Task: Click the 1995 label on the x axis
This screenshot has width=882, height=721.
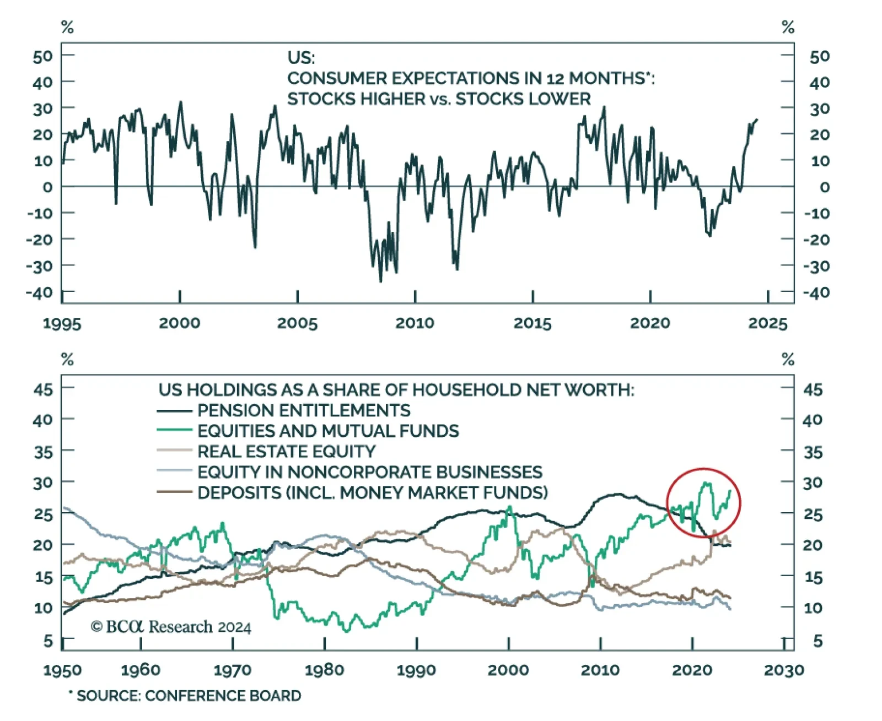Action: click(x=62, y=323)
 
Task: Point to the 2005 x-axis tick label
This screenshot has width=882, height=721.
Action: click(x=297, y=323)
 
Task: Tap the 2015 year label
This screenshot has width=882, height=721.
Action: click(x=533, y=323)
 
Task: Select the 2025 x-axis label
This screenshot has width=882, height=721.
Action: click(x=768, y=323)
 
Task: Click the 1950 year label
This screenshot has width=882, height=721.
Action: click(x=62, y=670)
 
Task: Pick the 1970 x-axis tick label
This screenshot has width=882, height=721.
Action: click(x=233, y=670)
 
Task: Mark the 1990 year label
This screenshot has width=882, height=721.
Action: click(x=416, y=670)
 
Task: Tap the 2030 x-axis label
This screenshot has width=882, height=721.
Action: click(x=784, y=670)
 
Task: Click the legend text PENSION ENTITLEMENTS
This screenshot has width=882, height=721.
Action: click(x=304, y=410)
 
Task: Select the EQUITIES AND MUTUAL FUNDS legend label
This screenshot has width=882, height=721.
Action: click(x=328, y=431)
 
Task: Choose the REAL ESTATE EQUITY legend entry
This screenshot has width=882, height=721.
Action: click(x=286, y=452)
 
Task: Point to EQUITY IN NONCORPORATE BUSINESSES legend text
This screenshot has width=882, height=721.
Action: click(x=370, y=472)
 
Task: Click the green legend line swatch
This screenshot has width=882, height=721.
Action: click(x=174, y=430)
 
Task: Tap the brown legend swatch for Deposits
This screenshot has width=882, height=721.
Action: click(x=174, y=492)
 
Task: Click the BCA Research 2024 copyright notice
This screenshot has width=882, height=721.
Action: click(x=171, y=627)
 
